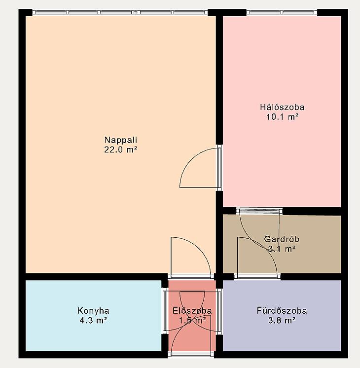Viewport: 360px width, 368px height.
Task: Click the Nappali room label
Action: point(121,140)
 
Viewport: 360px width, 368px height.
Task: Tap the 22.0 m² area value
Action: point(121,150)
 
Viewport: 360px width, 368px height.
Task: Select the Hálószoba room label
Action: point(282,107)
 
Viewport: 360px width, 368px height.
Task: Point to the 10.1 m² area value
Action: point(282,116)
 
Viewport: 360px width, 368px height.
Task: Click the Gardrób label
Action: point(282,239)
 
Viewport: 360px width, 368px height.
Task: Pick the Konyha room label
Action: point(93,311)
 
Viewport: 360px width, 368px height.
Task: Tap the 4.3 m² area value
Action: point(93,320)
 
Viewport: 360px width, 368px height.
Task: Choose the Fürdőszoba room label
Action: point(282,311)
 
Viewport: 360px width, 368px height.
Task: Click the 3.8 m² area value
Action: point(282,320)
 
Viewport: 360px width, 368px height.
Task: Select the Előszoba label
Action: point(192,311)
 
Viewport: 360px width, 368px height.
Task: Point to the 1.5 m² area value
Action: point(192,320)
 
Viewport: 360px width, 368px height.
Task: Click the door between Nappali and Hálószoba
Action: point(199,168)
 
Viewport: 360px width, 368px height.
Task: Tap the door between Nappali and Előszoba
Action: point(191,258)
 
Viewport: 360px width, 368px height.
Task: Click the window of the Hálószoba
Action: point(282,12)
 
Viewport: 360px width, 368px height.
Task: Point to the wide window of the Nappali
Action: point(120,12)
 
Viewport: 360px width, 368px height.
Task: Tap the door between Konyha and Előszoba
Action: point(184,311)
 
